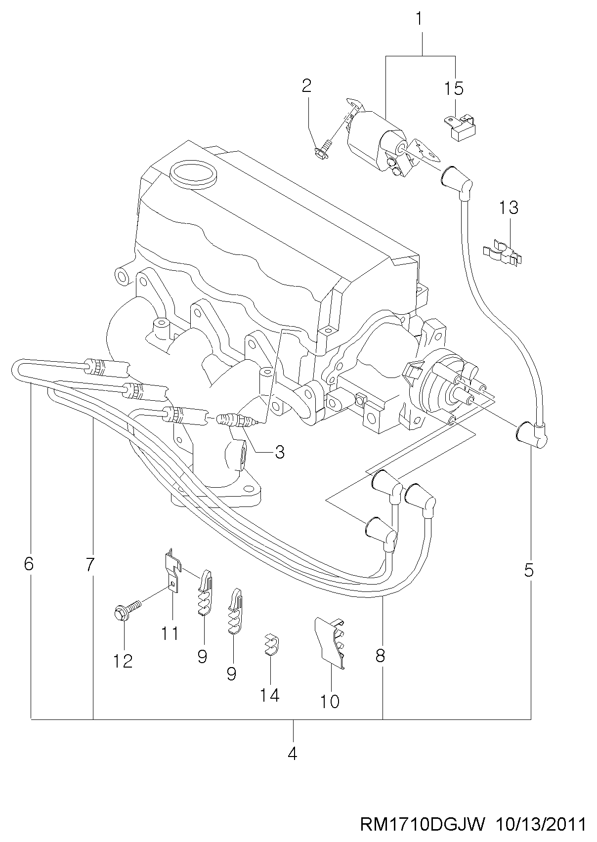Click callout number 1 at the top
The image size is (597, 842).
419,18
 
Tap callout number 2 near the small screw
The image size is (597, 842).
307,86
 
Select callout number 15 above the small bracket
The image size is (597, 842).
454,88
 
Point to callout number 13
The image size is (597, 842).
509,207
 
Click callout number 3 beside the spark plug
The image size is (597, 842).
279,452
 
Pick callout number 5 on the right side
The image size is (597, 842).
529,571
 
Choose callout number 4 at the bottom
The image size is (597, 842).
292,754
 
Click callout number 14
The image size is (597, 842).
270,695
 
